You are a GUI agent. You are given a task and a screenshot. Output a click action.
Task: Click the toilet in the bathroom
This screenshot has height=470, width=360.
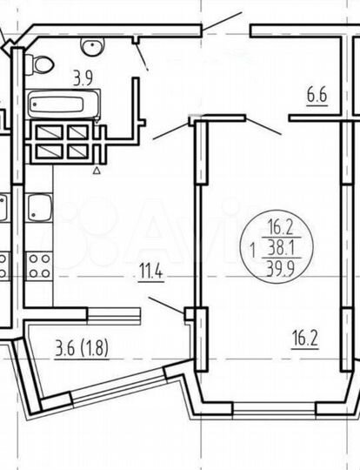[x=39, y=63]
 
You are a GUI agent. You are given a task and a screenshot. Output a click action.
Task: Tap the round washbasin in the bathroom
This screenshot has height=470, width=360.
[x=90, y=45]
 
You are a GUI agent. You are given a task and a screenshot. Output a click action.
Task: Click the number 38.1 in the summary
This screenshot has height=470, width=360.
[x=280, y=247]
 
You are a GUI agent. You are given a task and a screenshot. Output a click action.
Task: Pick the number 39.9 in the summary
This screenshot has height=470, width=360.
[x=280, y=263]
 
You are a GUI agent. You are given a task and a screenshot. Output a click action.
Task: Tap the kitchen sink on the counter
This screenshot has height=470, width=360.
[x=39, y=209]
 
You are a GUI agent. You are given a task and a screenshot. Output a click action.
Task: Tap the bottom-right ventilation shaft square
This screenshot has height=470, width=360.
[x=77, y=150]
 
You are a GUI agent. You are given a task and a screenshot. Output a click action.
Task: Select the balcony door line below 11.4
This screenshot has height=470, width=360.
[x=165, y=305]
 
